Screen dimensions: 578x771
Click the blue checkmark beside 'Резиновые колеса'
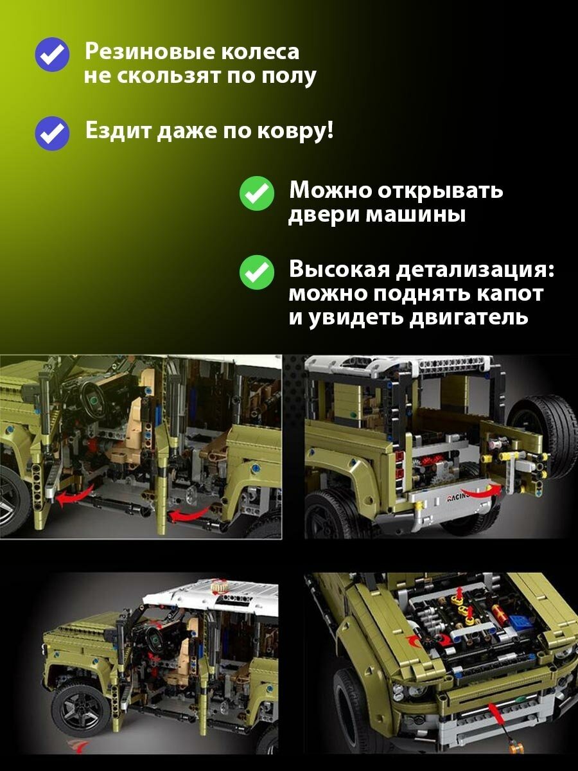coord(52,55)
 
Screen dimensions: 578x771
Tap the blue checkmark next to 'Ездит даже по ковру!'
coord(52,134)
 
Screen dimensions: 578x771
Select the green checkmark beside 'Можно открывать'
coord(256,193)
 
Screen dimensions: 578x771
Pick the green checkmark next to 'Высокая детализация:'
coord(256,272)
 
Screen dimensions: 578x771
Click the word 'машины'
coord(416,215)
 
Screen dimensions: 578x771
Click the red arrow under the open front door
coord(74,495)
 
